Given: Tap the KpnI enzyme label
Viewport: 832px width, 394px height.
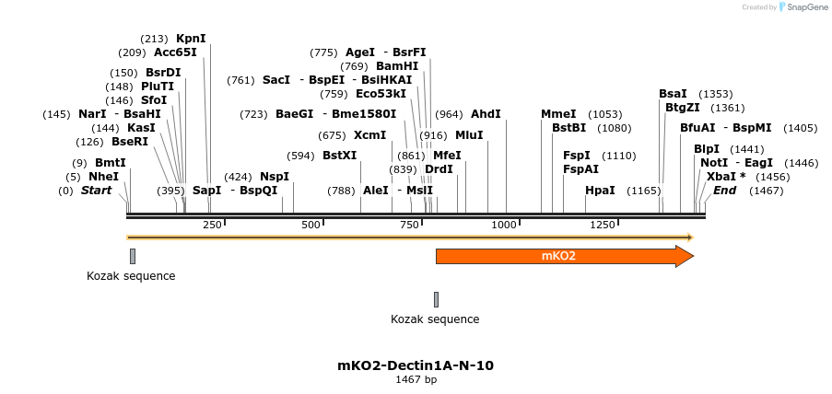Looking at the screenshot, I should click(191, 39).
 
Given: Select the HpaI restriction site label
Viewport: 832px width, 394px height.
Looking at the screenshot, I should click(600, 191).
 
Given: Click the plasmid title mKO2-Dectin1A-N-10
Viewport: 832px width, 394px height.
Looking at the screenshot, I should click(416, 365).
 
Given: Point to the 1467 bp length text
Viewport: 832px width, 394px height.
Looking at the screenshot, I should click(416, 379).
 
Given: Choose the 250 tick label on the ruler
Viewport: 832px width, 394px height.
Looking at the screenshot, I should click(212, 225).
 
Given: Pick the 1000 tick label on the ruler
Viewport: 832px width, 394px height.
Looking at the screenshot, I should click(504, 225).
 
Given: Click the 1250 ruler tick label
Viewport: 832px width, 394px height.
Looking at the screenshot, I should click(603, 225).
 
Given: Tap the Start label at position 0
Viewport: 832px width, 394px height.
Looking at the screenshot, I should click(96, 191).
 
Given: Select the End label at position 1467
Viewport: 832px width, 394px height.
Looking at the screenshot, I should click(725, 191).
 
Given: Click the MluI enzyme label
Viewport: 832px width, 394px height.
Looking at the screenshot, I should click(469, 135).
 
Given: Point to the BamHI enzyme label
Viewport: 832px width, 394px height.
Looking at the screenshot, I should click(397, 66).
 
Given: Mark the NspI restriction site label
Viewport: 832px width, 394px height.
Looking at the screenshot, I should click(275, 176).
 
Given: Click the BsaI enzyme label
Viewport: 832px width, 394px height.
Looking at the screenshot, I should click(673, 94).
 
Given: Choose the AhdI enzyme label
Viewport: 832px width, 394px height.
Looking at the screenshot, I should click(486, 114).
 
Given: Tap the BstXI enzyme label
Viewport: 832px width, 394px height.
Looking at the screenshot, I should click(339, 156).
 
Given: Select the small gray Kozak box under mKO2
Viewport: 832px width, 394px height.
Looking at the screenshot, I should click(436, 299).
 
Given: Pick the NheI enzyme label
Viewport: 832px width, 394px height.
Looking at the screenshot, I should click(104, 176).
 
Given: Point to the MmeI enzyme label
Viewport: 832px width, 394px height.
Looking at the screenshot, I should click(558, 114).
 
